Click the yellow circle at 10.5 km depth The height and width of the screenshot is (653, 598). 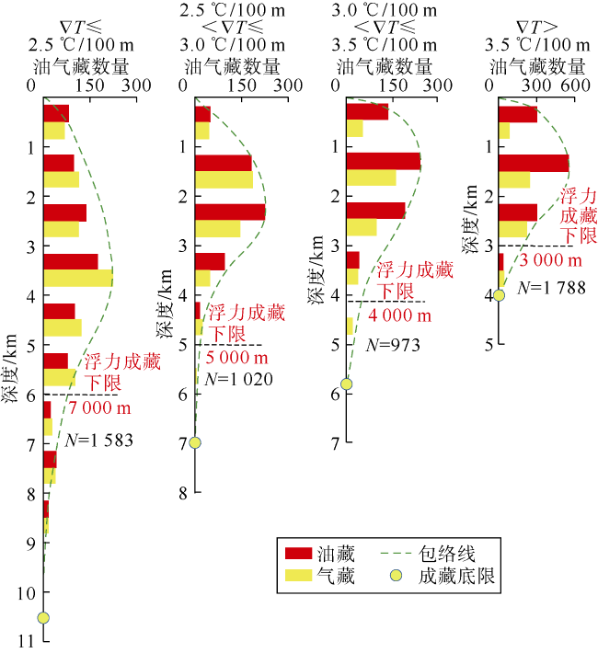click(43, 617)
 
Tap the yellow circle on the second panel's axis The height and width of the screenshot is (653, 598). click(195, 442)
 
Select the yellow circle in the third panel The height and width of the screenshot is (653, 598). click(346, 384)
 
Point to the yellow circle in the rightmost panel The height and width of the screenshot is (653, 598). click(499, 295)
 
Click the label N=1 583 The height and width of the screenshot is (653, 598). click(98, 441)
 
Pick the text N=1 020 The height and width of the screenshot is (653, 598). click(239, 379)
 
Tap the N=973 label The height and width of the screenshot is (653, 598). click(393, 345)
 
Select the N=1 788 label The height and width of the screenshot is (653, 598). click(551, 287)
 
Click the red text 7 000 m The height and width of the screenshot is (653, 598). click(100, 407)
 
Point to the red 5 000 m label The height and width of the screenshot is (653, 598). click(236, 358)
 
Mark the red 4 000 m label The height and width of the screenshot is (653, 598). click(399, 315)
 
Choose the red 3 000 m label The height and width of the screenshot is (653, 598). click(550, 260)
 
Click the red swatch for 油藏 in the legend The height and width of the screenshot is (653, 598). click(298, 554)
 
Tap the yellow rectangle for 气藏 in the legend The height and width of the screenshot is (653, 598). click(298, 575)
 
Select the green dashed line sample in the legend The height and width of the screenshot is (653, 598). click(396, 554)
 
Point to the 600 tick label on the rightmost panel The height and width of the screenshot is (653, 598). click(575, 86)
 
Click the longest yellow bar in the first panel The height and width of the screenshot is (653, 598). click(78, 278)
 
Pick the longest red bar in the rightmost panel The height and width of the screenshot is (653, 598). click(534, 164)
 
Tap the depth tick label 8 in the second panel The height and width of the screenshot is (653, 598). click(184, 494)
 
